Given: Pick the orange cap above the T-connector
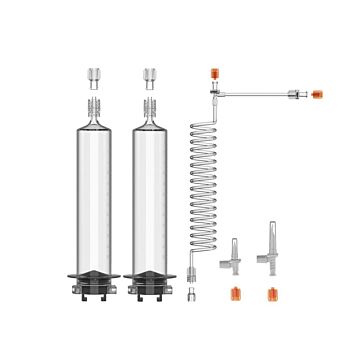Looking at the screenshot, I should point(213,74).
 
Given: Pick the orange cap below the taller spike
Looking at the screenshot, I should point(272,297).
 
